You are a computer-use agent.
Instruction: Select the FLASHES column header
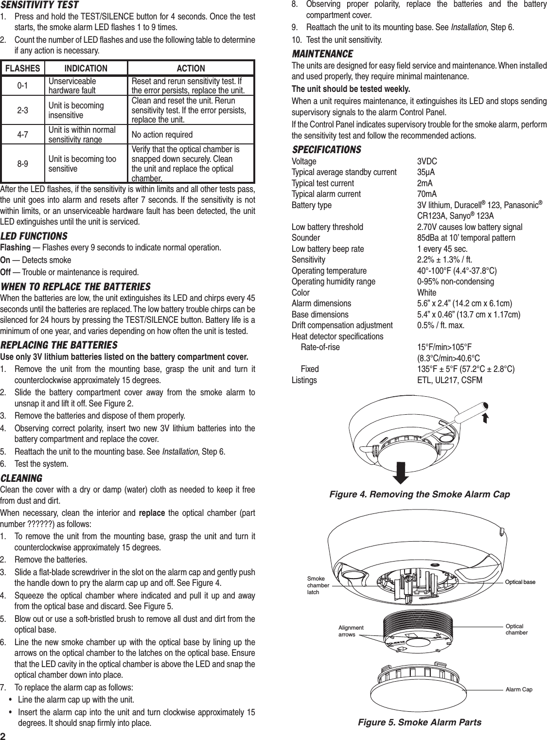22,69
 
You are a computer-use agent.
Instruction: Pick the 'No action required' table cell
162,134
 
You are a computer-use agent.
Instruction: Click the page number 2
4,734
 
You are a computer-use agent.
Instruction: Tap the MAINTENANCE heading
322,53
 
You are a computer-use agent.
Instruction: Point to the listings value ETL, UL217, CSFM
450,380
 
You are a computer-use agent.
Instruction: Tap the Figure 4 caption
420,494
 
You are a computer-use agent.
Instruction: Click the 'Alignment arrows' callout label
351,631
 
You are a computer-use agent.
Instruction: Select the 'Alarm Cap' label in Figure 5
519,689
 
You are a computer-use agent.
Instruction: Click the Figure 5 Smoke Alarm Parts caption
420,722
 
